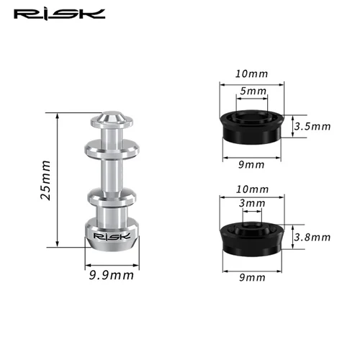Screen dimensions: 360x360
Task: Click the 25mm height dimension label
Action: coord(45,181)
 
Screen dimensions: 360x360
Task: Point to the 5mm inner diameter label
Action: coord(252,91)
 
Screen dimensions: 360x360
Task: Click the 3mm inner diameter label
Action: coord(252,204)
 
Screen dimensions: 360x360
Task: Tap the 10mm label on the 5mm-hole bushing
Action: coord(252,74)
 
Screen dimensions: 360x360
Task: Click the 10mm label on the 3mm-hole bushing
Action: coord(252,189)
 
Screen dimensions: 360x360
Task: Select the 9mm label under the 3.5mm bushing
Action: coord(252,164)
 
